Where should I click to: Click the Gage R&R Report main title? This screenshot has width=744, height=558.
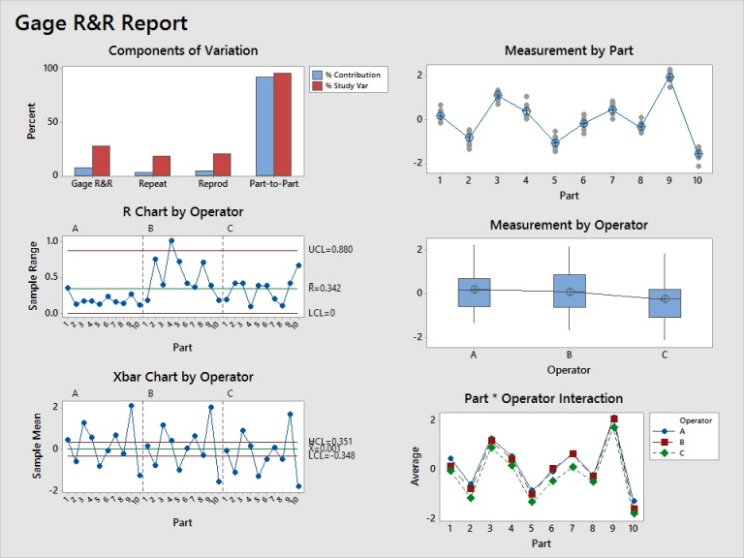[x=102, y=23]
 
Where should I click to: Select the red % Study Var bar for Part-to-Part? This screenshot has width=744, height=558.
[x=282, y=124]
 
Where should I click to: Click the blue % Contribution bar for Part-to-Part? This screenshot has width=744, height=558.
[x=263, y=126]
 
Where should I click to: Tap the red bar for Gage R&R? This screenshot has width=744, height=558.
[x=101, y=161]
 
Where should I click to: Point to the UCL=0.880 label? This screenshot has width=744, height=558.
[x=330, y=250]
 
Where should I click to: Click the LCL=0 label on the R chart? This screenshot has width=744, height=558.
[x=323, y=313]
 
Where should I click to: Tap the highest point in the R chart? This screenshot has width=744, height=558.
[x=171, y=240]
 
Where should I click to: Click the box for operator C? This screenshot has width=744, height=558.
[x=665, y=303]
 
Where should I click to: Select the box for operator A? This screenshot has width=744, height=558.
[x=474, y=292]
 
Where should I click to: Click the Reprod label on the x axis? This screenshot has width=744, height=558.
[x=212, y=184]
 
